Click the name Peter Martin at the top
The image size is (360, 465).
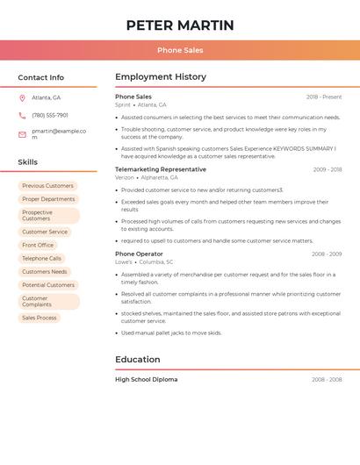[x=180, y=25]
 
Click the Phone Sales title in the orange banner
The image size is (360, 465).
[x=180, y=50]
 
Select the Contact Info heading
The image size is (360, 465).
[x=40, y=77]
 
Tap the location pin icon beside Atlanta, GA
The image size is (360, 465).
[x=22, y=97]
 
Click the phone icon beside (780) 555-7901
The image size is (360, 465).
[x=22, y=115]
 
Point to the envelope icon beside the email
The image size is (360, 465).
[x=22, y=133]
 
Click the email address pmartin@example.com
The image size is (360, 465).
[x=58, y=133]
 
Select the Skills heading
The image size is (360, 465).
[x=27, y=161]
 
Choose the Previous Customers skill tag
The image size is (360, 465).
[x=47, y=186]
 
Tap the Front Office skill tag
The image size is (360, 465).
[x=38, y=245]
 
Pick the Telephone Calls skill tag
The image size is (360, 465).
[x=41, y=258]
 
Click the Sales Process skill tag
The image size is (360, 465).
[x=39, y=318]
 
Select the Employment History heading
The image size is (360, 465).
[x=160, y=77]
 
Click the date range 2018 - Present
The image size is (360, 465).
[x=324, y=97]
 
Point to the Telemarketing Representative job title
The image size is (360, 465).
[x=161, y=169]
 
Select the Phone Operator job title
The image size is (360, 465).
[x=139, y=254]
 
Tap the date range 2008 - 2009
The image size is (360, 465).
[x=327, y=254]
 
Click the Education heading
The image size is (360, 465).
[x=137, y=359]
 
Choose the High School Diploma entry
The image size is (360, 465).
[x=146, y=380]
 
